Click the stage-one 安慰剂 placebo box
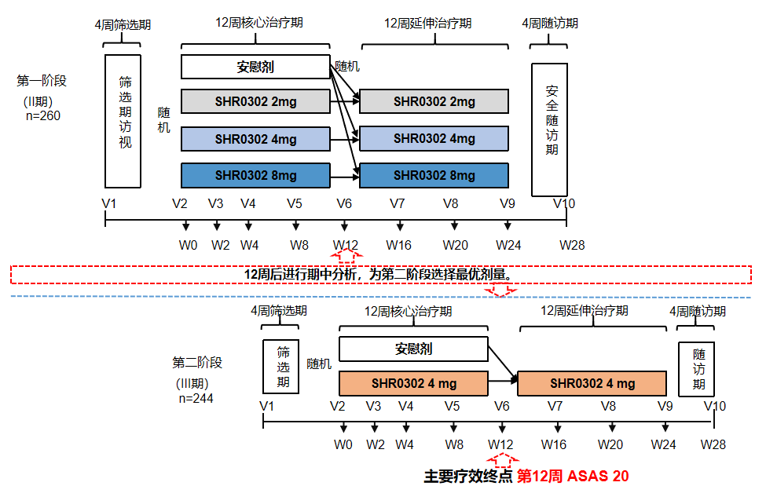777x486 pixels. pos(255,67)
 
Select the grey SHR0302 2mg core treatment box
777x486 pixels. pos(255,101)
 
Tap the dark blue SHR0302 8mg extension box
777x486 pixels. pos(434,175)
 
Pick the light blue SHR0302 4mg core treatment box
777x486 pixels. pos(255,139)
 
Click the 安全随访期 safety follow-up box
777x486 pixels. pos(549,130)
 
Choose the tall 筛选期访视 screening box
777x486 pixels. pos(123,121)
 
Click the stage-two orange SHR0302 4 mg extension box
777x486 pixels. pos(592,384)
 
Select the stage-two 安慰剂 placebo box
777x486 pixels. pos(412,349)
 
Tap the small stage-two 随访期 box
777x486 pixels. pos(696,369)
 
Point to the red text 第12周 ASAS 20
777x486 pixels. pos(572,476)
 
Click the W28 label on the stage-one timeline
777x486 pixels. pos(572,245)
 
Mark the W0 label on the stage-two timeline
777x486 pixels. pos(343,444)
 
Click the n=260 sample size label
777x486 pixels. pos(43,116)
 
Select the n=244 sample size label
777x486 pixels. pos(196,398)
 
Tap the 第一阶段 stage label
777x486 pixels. pos(42,80)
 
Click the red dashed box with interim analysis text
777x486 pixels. pos(381,275)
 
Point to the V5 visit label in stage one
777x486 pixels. pos(295,203)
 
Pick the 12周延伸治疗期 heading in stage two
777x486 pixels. pos(585,311)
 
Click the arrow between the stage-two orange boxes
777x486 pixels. pos(502,383)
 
